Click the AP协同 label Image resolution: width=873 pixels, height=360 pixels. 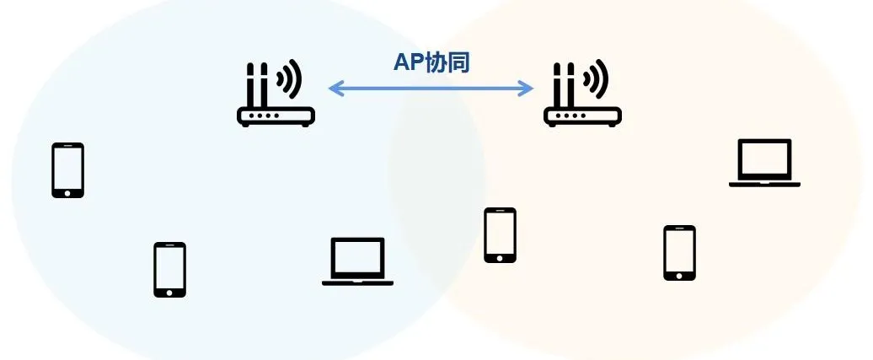(431, 63)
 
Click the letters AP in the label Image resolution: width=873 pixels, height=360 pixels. (406, 63)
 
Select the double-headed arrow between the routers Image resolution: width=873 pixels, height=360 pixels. (431, 88)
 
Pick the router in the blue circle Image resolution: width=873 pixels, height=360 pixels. (275, 94)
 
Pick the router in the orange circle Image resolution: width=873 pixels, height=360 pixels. (582, 94)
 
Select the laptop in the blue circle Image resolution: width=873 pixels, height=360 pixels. (357, 261)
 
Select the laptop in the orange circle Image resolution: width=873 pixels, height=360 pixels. (764, 163)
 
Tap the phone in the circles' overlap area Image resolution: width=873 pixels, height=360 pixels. (500, 235)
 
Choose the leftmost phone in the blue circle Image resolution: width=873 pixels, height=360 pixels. (68, 170)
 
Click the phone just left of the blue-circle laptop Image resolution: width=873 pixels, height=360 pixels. (169, 270)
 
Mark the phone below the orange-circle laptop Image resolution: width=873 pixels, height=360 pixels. (679, 253)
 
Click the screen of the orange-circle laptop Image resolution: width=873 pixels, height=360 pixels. (764, 159)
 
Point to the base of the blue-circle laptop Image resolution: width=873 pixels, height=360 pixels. (357, 282)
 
